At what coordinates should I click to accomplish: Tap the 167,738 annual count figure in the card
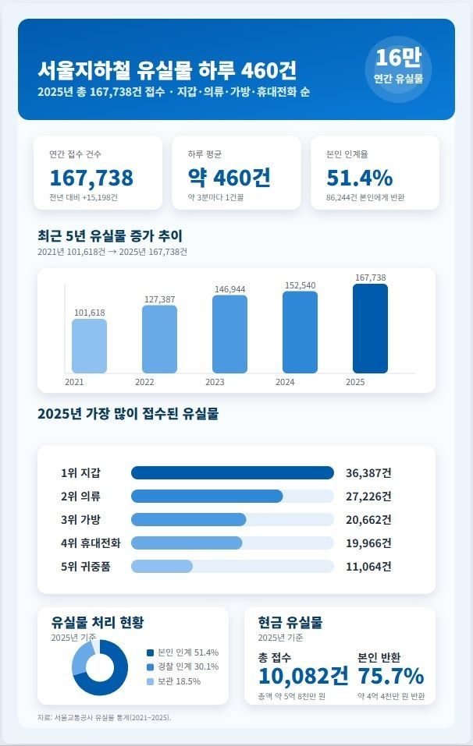91,178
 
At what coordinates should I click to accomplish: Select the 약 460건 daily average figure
229,178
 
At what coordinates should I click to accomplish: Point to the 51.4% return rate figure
359,178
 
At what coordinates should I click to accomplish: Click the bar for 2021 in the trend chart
89,345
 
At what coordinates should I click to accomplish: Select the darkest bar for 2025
370,328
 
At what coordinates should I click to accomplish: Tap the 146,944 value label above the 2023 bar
229,289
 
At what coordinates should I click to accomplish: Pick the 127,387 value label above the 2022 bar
159,299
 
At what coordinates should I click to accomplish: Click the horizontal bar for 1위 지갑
232,472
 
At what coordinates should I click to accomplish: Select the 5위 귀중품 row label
85,567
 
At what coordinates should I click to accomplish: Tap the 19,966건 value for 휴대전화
368,543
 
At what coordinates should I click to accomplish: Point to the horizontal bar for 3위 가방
188,520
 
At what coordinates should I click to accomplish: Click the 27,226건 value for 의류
368,497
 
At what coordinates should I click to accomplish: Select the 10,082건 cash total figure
303,675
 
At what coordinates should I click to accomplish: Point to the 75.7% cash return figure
390,675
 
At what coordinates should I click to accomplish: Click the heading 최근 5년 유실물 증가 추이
110,235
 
